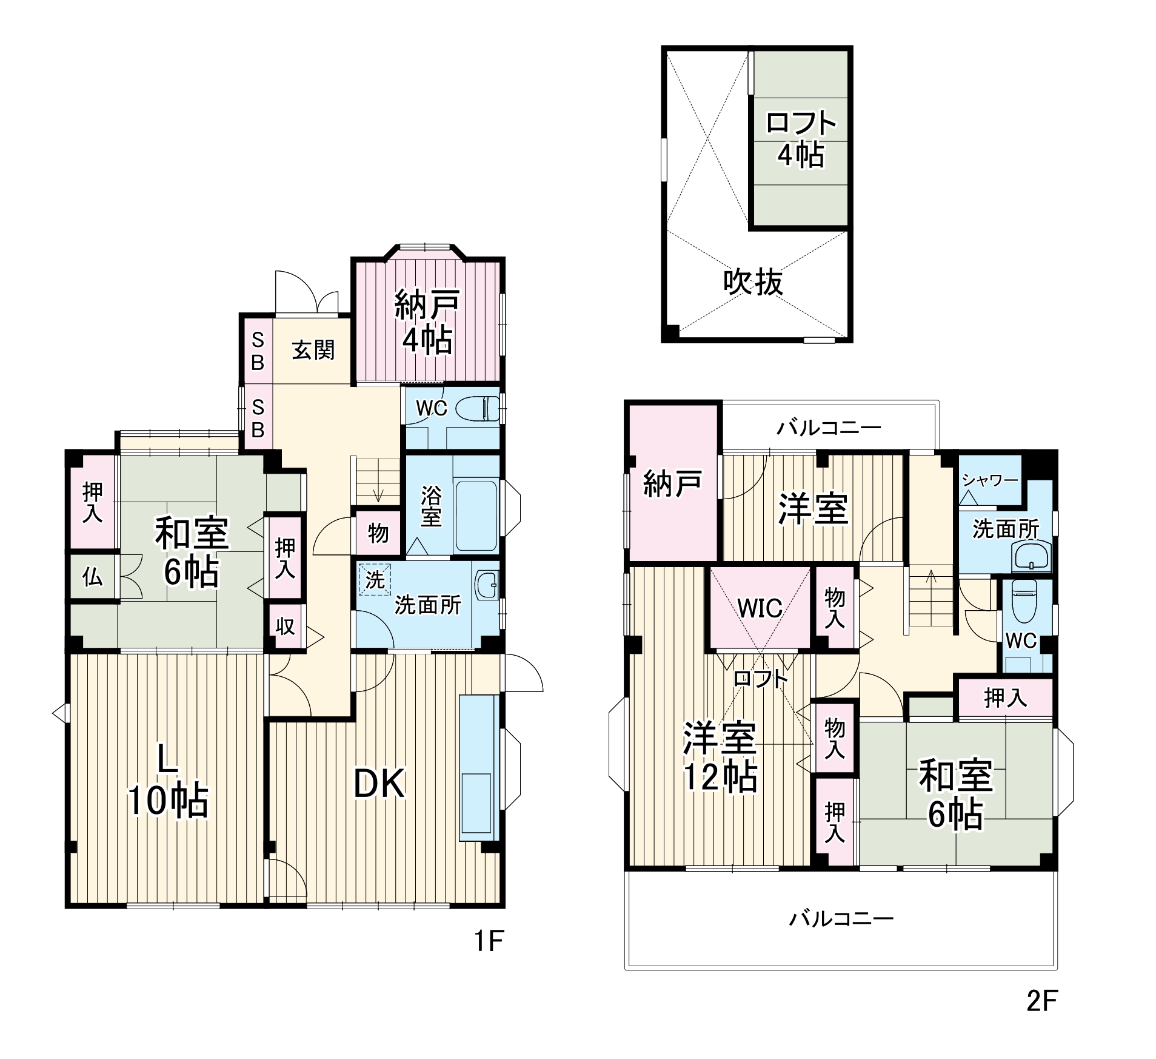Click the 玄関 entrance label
(x=313, y=350)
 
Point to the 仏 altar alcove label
(x=92, y=577)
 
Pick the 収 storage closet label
(x=285, y=626)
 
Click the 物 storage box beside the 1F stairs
(x=378, y=533)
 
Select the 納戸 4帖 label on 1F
(x=427, y=322)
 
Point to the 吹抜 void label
(x=753, y=282)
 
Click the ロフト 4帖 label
(x=801, y=139)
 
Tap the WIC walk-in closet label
(x=760, y=608)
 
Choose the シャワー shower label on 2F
(x=990, y=481)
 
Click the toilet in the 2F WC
(x=1024, y=602)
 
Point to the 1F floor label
(x=489, y=941)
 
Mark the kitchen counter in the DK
(x=479, y=768)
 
